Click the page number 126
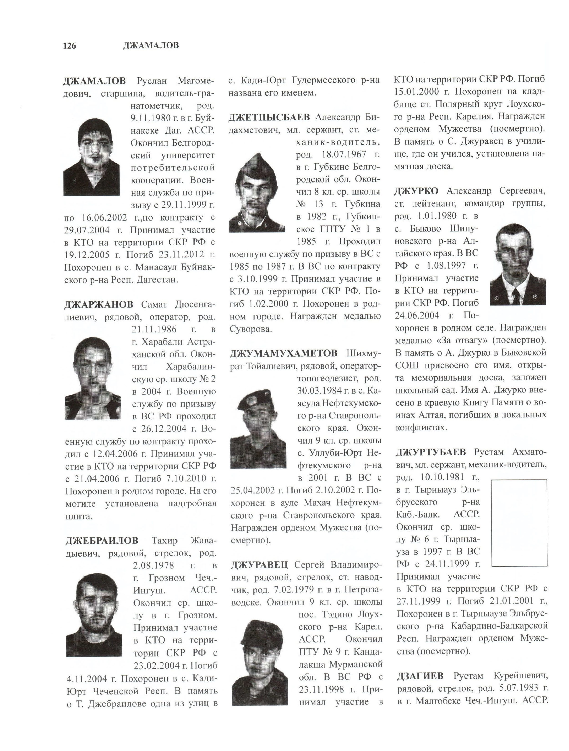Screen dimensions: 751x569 click(x=70, y=46)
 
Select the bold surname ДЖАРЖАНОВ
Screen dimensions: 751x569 click(x=99, y=304)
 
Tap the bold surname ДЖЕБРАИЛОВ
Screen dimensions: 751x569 click(x=102, y=540)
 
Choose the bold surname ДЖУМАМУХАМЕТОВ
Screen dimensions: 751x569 click(x=284, y=353)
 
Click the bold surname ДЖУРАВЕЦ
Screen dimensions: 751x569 click(x=259, y=565)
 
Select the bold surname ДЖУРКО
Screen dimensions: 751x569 click(x=416, y=191)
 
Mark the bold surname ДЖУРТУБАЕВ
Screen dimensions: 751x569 click(x=430, y=452)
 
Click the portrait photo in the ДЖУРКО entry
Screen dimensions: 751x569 click(x=518, y=264)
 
